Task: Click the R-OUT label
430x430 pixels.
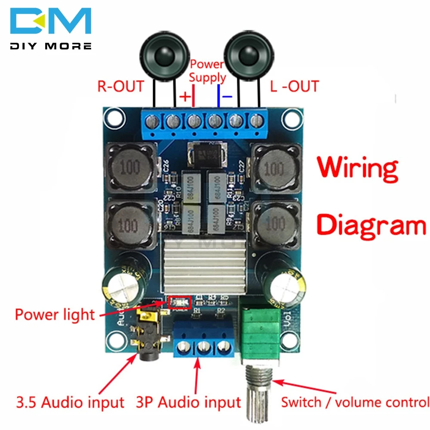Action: click(120, 86)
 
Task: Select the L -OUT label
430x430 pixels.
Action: click(294, 86)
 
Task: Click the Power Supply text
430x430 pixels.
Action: click(207, 71)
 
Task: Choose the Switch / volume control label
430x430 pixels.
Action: click(355, 402)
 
